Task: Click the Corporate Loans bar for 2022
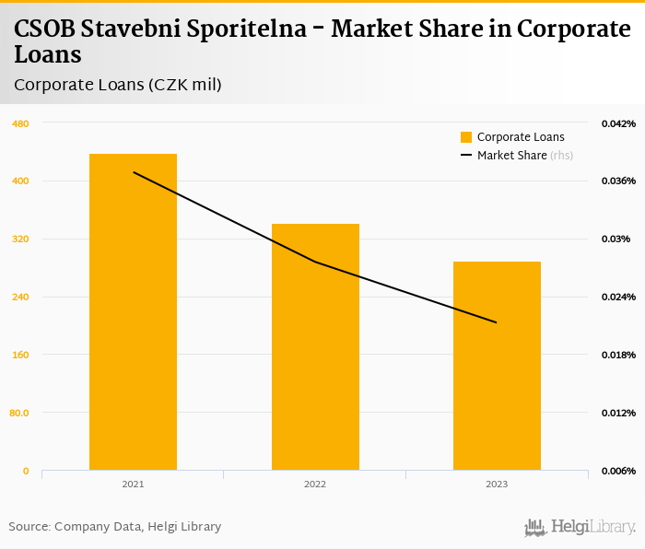[x=315, y=346]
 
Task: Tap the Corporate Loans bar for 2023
[x=497, y=366]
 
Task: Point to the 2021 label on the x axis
[x=133, y=484]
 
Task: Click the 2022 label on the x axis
[x=315, y=484]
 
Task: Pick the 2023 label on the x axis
[x=497, y=484]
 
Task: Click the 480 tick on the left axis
[x=20, y=123]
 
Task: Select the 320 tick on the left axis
[x=20, y=239]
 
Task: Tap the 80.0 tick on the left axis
[x=18, y=413]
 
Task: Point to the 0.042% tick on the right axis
[x=618, y=123]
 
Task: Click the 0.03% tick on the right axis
[x=615, y=239]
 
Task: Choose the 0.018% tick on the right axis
[x=618, y=355]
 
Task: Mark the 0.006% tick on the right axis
[x=618, y=471]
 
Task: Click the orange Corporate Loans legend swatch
[x=466, y=137]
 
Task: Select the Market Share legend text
[x=511, y=156]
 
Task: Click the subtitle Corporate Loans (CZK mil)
[x=118, y=85]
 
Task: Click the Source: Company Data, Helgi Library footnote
[x=115, y=527]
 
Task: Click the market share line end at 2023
[x=497, y=322]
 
